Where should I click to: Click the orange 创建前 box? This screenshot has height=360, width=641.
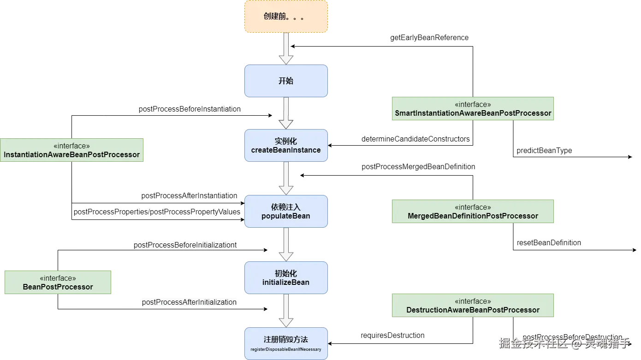286,17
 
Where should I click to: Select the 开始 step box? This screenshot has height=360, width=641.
286,81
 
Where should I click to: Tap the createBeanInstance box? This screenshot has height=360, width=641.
286,146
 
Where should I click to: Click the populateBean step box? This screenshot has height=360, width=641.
286,212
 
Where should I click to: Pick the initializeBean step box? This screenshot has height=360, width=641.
286,278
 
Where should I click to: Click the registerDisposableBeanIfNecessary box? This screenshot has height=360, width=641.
286,343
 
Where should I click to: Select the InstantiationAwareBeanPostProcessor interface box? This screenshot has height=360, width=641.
72,150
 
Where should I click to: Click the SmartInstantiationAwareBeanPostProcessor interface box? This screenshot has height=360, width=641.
473,109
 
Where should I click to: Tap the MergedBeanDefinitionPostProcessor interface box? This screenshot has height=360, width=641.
473,212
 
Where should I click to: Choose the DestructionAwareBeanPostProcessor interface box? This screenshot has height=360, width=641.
473,305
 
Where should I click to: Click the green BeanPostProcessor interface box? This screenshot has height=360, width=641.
58,282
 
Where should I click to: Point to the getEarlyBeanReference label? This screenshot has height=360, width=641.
429,38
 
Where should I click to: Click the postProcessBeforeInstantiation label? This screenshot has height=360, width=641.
190,109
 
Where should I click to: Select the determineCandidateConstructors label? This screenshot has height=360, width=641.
415,139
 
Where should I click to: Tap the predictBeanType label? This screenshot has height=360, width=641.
545,150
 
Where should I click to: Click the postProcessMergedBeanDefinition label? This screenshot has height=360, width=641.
418,167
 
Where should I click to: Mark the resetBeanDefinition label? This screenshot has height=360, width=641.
549,242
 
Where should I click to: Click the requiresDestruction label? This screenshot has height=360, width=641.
392,335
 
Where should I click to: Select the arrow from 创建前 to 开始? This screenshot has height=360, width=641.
286,48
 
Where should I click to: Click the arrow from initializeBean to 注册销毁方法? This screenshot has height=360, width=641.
286,310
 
